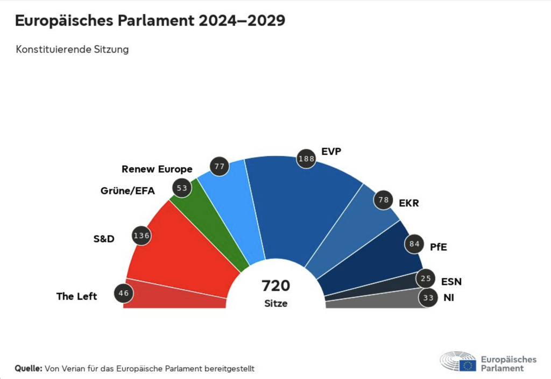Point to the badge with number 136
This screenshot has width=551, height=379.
tap(142, 235)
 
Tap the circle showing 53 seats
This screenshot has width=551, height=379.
tap(181, 188)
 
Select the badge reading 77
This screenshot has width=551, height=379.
tap(220, 166)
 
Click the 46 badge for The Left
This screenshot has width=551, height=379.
tap(124, 294)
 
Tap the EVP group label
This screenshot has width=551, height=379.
tap(331, 152)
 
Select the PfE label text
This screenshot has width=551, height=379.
tap(439, 247)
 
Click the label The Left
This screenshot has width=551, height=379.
tap(77, 296)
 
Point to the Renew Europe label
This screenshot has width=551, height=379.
tap(157, 169)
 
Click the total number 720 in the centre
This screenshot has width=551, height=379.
tap(275, 285)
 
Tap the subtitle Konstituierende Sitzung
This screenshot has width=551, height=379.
tap(72, 49)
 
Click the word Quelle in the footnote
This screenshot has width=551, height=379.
tap(29, 369)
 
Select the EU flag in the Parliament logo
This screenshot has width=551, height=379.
tap(468, 366)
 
